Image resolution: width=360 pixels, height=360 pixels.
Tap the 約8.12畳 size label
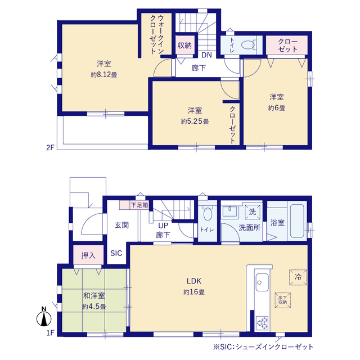[x=104, y=75]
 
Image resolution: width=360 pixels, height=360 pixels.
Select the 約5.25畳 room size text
[x=195, y=121]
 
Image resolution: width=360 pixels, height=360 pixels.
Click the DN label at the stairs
[x=206, y=55]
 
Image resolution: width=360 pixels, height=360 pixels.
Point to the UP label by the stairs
[x=163, y=226]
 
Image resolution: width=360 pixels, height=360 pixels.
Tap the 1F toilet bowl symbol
[x=208, y=214]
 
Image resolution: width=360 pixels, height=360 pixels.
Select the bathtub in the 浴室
[x=297, y=221]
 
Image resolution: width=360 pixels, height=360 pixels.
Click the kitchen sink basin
[x=262, y=282]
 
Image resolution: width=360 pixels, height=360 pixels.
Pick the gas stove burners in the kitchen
[x=263, y=323]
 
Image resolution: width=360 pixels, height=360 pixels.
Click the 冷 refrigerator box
[x=298, y=277]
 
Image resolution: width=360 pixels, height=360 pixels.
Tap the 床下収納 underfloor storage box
[x=282, y=300]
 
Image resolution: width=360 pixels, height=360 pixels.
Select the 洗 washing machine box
[x=253, y=211]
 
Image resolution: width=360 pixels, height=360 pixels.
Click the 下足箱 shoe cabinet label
[x=139, y=205]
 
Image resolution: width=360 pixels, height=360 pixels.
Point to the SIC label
[x=116, y=253]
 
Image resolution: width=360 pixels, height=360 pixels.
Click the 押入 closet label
[x=88, y=255]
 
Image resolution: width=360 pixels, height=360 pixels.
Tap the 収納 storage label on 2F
[x=184, y=45]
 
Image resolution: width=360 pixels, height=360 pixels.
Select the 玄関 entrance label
[x=121, y=225]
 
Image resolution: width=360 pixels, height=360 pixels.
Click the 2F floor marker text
[x=50, y=147]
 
